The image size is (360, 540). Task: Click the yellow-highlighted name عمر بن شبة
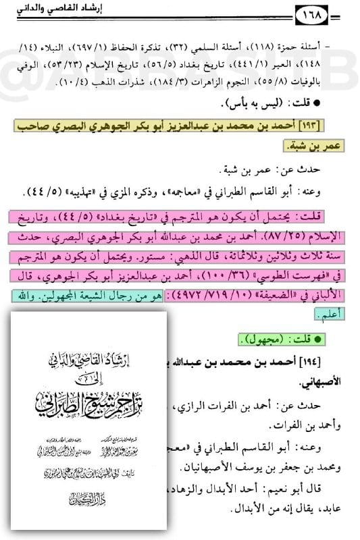click(x=309, y=146)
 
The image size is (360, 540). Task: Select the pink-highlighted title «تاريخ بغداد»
click(x=169, y=218)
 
